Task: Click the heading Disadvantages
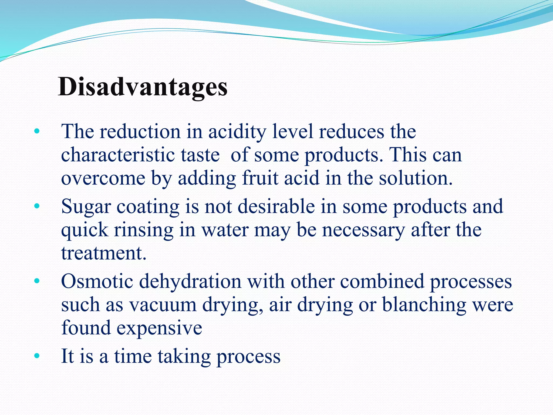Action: (143, 87)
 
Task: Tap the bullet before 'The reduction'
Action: (37, 132)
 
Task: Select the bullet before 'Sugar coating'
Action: (37, 207)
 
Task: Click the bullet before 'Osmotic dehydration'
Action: (37, 282)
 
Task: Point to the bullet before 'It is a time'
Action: (37, 356)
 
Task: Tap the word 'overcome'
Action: (103, 178)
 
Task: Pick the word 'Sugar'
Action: (86, 207)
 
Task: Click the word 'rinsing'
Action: (143, 230)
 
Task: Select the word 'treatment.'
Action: (104, 253)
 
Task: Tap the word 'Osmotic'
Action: (97, 282)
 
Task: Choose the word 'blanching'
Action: (424, 305)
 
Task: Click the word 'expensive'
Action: (159, 328)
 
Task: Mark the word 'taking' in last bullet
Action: (184, 356)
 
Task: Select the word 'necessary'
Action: (363, 230)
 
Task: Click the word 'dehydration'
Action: (190, 282)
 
